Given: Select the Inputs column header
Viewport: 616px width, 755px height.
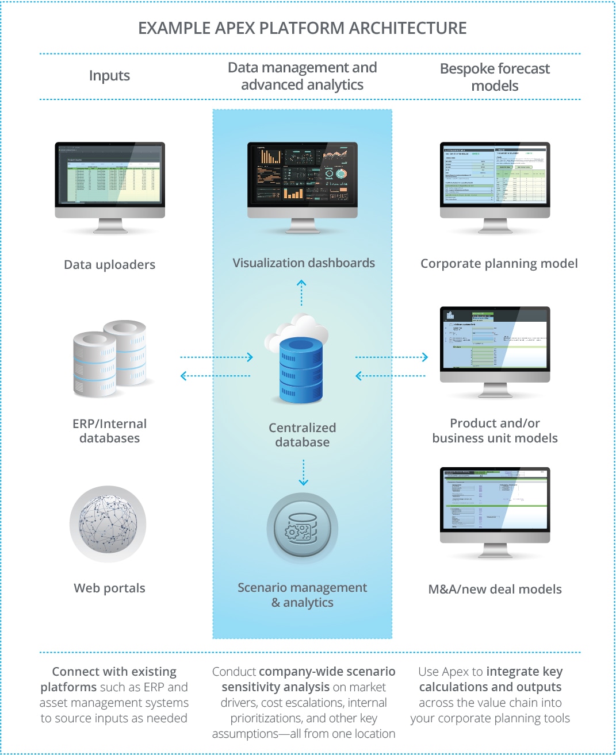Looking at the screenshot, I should coord(109,76).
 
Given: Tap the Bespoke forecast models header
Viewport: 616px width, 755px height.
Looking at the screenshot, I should coord(495,77).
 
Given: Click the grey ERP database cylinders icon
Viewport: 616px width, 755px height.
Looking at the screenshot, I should coord(109,359).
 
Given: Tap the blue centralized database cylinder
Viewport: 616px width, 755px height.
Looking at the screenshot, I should coord(301,371).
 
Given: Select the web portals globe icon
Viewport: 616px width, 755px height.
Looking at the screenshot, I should coord(108,523).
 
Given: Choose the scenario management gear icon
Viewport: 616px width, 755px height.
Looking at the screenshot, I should coord(303,529).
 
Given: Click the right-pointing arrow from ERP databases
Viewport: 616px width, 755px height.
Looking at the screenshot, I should coord(217,357).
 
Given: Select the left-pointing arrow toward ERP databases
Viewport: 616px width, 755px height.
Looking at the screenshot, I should coord(215,376).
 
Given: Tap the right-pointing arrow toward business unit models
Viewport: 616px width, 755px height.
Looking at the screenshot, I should coord(392,357).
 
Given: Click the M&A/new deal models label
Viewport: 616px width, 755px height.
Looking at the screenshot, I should coord(495,589).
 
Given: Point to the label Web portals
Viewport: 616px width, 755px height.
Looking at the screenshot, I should coord(109,588).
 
